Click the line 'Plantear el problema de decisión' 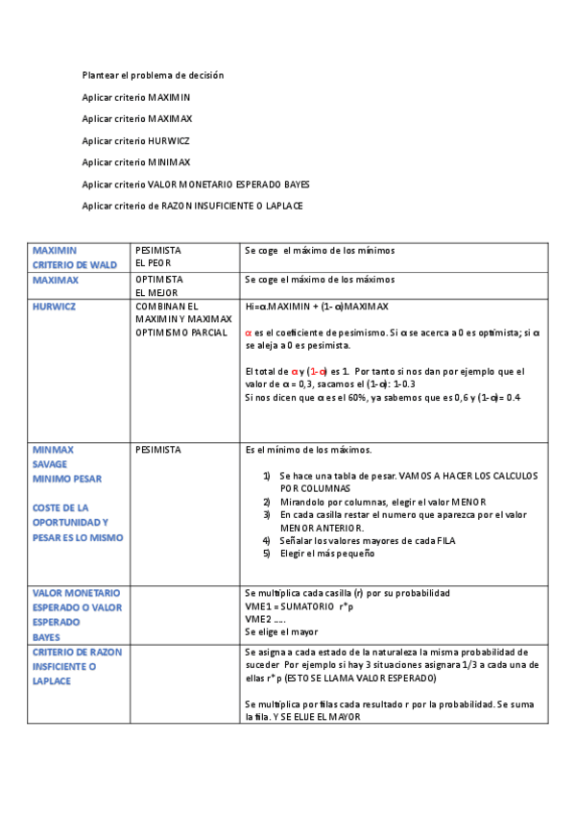pyautogui.click(x=153, y=75)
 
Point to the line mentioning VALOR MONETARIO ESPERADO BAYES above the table pyautogui.click(x=196, y=185)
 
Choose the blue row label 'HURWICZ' pyautogui.click(x=54, y=307)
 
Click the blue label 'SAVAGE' pyautogui.click(x=50, y=463)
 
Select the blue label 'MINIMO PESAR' pyautogui.click(x=67, y=478)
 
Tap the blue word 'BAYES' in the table pyautogui.click(x=46, y=636)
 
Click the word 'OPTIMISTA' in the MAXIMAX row pyautogui.click(x=158, y=280)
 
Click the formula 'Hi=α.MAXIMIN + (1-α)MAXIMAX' pyautogui.click(x=317, y=307)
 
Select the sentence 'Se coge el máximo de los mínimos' pyautogui.click(x=320, y=251)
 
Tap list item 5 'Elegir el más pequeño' pyautogui.click(x=326, y=554)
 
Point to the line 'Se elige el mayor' pyautogui.click(x=280, y=632)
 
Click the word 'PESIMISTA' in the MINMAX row pyautogui.click(x=158, y=449)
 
